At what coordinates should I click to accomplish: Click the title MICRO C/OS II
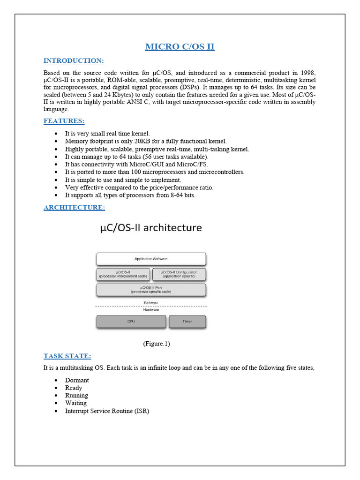point(180,46)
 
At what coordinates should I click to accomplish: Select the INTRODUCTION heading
point(74,61)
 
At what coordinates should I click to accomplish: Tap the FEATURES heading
point(64,121)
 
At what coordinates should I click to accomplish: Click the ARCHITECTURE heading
point(74,207)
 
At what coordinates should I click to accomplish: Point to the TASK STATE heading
point(67,356)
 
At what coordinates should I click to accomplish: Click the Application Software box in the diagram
point(151,259)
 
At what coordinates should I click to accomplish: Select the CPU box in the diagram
point(131,322)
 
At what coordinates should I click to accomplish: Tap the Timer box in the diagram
point(187,322)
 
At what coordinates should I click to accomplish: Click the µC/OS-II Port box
point(151,290)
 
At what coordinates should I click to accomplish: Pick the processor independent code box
point(123,274)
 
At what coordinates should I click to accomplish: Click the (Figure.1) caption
point(156,344)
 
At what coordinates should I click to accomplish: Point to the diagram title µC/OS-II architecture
point(151,228)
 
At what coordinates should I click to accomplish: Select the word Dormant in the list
point(77,380)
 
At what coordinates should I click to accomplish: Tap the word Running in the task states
point(76,395)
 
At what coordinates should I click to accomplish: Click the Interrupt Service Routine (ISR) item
point(107,411)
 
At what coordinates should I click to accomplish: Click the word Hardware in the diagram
point(151,310)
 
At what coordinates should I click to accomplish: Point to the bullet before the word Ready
point(56,388)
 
